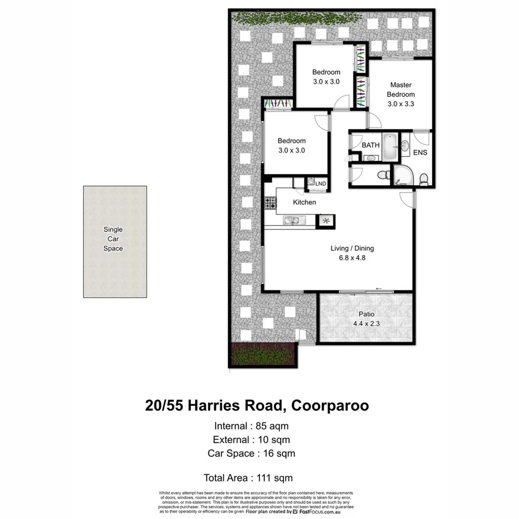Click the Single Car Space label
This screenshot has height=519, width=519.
point(113,239)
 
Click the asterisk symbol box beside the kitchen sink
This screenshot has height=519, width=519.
point(326,222)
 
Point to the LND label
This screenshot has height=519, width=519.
point(321,183)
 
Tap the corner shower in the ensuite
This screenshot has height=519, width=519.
point(403,175)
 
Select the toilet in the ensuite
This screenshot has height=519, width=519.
point(424,178)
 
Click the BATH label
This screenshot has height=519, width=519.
point(371,145)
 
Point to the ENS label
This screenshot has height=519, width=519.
point(420,152)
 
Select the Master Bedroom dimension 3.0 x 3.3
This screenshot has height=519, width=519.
point(401,104)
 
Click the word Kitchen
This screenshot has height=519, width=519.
point(304,202)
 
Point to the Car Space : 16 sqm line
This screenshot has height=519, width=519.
point(251,453)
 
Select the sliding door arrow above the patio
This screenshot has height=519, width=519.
point(379,288)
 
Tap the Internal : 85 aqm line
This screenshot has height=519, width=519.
point(251,426)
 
